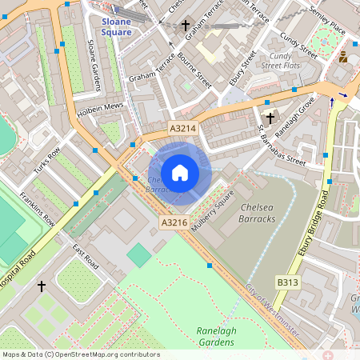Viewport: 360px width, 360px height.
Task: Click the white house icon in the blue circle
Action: (x=180, y=173)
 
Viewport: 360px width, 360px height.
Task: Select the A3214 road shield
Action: (x=182, y=128)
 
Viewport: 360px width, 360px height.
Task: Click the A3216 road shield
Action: (x=174, y=222)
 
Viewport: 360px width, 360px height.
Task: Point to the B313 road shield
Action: (x=289, y=282)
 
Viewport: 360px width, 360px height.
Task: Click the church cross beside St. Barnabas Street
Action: (x=270, y=118)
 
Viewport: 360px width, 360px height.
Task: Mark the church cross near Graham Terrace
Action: (x=186, y=25)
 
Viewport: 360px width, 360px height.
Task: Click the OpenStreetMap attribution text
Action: (x=80, y=354)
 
